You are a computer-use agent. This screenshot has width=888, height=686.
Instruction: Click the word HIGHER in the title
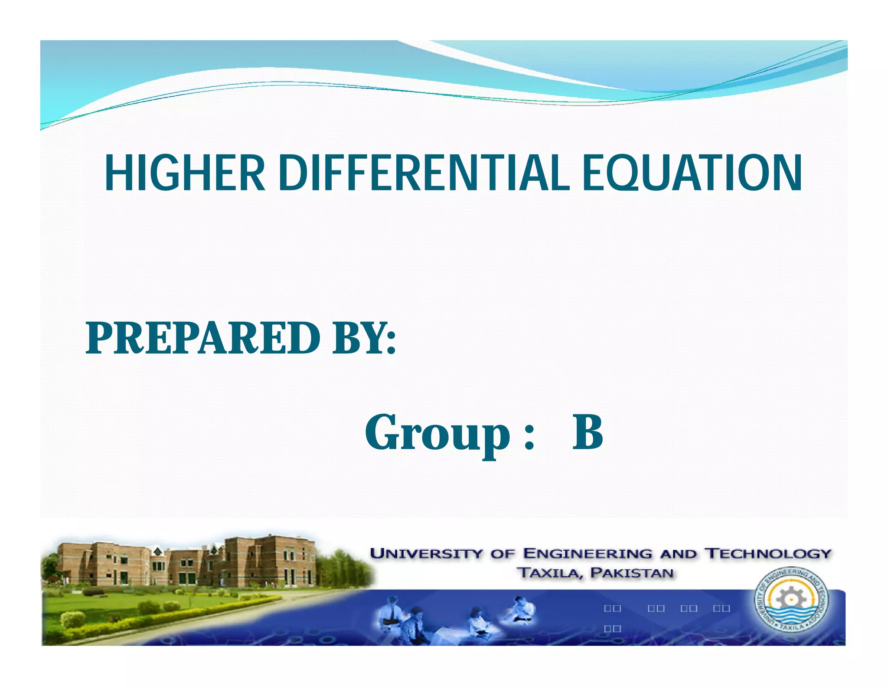pyautogui.click(x=185, y=173)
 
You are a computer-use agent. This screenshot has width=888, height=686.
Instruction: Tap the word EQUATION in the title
pyautogui.click(x=692, y=173)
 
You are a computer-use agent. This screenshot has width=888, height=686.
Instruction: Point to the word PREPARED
pyautogui.click(x=203, y=338)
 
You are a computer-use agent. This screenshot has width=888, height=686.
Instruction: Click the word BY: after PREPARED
pyautogui.click(x=363, y=338)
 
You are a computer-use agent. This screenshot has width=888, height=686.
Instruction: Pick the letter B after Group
pyautogui.click(x=588, y=432)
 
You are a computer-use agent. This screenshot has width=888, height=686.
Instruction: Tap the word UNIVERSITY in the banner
pyautogui.click(x=426, y=554)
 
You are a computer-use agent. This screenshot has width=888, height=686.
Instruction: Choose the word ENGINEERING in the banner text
pyautogui.click(x=588, y=554)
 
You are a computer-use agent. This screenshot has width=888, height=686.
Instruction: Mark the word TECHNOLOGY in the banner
pyautogui.click(x=768, y=554)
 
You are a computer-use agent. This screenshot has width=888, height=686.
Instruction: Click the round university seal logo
pyautogui.click(x=792, y=601)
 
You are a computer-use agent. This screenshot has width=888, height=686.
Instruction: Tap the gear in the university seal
pyautogui.click(x=792, y=598)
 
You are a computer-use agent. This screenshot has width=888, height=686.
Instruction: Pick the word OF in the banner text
pyautogui.click(x=504, y=554)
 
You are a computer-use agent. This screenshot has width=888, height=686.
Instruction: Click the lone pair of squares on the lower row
pyautogui.click(x=612, y=628)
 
